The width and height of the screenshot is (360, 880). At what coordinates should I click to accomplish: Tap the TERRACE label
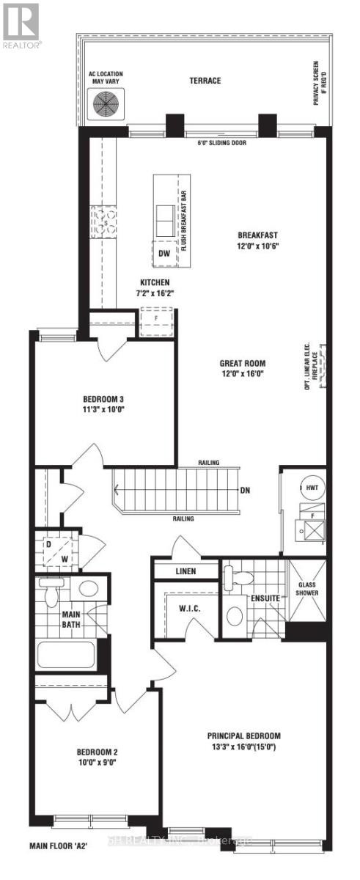[x=205, y=81]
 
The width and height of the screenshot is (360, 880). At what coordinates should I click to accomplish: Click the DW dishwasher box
[x=166, y=253]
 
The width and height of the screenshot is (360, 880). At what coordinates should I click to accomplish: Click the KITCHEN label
[x=155, y=282]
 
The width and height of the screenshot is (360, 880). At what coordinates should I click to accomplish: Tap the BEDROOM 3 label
[x=106, y=400]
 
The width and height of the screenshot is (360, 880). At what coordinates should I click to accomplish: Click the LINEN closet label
[x=185, y=571]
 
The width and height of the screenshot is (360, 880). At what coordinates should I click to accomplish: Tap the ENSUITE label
[x=264, y=598]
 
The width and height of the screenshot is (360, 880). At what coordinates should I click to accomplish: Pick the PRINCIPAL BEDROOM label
[x=243, y=736]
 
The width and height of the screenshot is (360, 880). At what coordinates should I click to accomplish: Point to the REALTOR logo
[x=21, y=26]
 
